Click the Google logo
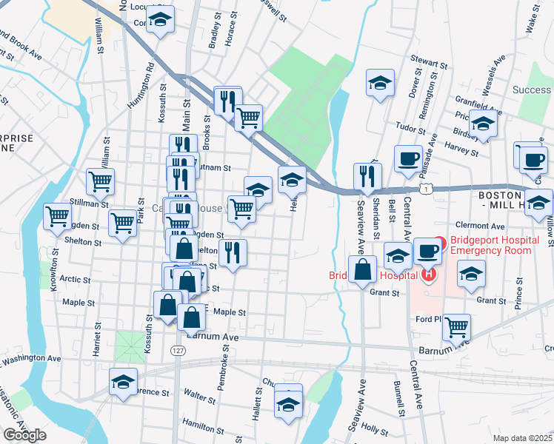24,435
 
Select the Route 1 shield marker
427,190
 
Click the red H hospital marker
427,275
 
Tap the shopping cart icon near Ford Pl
456,326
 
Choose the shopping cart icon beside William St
100,180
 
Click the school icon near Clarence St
123,381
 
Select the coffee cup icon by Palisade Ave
407,158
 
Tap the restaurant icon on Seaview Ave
367,176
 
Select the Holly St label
373,428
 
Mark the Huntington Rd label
141,86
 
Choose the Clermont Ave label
480,226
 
